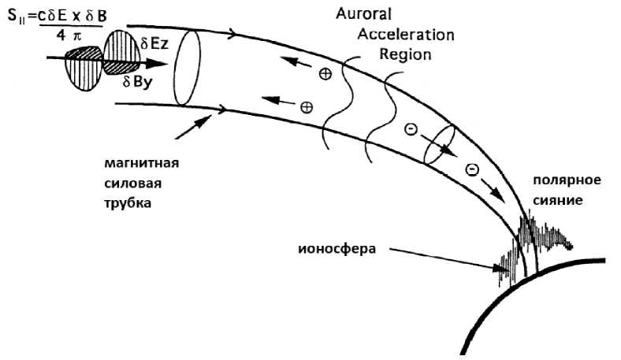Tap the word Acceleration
click(x=406, y=35)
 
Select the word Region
click(x=405, y=54)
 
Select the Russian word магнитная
click(x=142, y=165)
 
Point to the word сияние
click(x=556, y=200)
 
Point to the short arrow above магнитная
click(x=193, y=125)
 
